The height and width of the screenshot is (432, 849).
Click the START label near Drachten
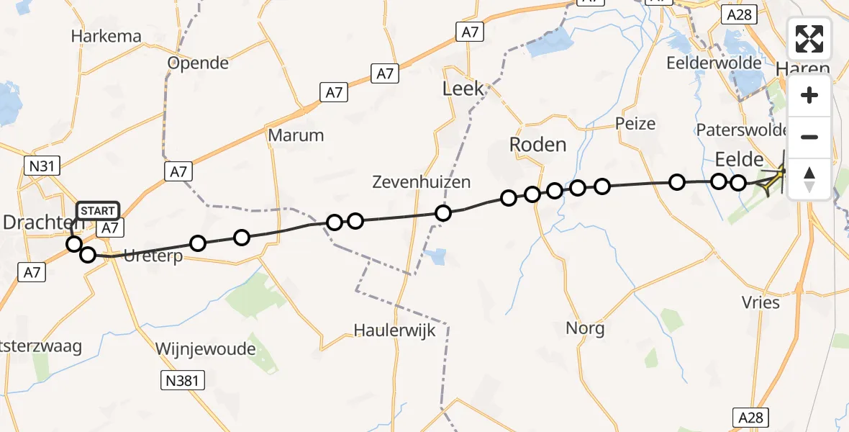(97, 211)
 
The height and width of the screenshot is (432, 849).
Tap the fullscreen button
(809, 39)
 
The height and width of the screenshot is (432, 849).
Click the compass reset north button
(809, 179)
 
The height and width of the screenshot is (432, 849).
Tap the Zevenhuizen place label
(422, 182)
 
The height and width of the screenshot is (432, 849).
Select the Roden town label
(537, 145)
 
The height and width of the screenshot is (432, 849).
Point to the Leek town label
(463, 89)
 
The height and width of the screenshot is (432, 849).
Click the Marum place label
(296, 135)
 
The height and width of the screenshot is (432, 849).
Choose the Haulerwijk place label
(392, 330)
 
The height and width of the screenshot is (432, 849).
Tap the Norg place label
(585, 329)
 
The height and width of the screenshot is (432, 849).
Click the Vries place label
(761, 302)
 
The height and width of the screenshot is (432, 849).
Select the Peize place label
(635, 124)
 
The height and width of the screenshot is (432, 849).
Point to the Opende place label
(198, 63)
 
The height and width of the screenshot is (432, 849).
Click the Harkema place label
(106, 37)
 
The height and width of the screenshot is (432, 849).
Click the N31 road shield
(40, 166)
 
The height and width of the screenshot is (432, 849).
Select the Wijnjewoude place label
(206, 349)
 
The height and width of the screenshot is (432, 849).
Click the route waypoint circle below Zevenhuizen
(443, 213)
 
